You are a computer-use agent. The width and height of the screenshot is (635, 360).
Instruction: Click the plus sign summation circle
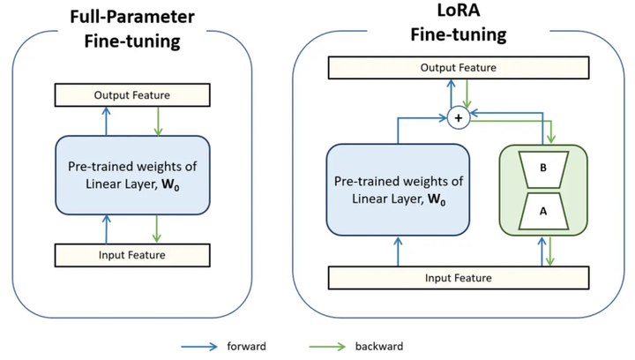tap(459, 118)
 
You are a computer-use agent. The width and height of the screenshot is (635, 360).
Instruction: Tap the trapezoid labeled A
tap(543, 212)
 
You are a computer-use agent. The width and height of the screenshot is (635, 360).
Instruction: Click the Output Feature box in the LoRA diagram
tap(459, 68)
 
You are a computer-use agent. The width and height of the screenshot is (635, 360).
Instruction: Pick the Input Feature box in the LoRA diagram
tap(459, 278)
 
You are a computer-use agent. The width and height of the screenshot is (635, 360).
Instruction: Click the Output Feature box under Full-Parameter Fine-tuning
tap(132, 95)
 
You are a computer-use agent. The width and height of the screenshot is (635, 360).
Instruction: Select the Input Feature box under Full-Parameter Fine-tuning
tap(132, 255)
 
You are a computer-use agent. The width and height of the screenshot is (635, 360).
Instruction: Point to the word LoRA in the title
tap(459, 10)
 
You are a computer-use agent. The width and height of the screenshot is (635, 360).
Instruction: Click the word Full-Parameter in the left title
tap(132, 17)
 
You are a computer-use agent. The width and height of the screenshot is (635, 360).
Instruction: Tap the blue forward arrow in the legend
tap(199, 347)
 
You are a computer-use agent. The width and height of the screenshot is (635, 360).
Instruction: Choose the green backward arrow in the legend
tap(327, 347)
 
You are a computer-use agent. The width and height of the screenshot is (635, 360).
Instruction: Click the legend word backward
tap(379, 347)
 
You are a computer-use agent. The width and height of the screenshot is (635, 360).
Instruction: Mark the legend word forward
tap(246, 347)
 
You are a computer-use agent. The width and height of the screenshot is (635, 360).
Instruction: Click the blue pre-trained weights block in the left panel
tap(132, 175)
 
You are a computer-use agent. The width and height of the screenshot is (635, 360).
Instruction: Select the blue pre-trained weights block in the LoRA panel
tap(398, 190)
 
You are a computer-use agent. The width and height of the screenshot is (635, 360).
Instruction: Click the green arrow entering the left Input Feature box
tap(157, 229)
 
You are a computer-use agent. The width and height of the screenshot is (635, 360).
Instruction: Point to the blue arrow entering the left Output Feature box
tap(106, 121)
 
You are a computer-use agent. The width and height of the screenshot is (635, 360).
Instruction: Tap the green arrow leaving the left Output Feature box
tap(158, 121)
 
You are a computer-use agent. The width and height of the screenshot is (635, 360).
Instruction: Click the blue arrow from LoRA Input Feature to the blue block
tap(398, 251)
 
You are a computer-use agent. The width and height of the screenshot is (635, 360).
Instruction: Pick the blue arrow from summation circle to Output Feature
tap(451, 94)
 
